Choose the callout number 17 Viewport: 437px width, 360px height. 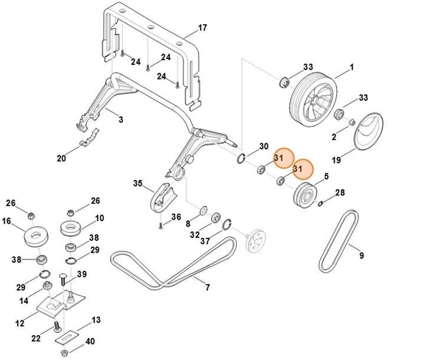203,28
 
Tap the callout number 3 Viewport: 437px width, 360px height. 120,120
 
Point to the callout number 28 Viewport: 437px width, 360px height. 340,193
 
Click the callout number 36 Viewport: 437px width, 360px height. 177,217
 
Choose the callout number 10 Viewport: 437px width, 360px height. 99,218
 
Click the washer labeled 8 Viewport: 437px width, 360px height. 204,210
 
